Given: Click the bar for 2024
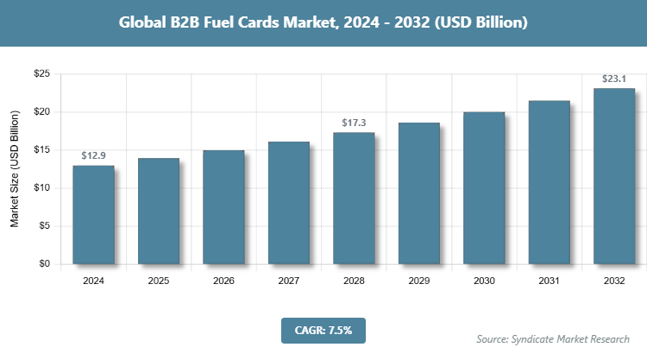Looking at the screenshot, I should pyautogui.click(x=93, y=214).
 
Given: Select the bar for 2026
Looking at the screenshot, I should pyautogui.click(x=223, y=207).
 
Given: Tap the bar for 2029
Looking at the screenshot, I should pyautogui.click(x=418, y=193).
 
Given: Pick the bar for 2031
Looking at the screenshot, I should pyautogui.click(x=549, y=182).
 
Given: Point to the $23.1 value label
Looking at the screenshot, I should pyautogui.click(x=614, y=79).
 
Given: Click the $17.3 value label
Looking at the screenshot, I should pyautogui.click(x=354, y=123).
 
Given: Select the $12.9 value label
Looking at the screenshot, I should pyautogui.click(x=93, y=156).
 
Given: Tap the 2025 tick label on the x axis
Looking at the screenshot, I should pyautogui.click(x=159, y=281).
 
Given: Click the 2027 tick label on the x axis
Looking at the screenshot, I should pyautogui.click(x=289, y=281).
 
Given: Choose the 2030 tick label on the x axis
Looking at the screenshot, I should pyautogui.click(x=484, y=281).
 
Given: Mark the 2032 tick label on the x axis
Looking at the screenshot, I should pyautogui.click(x=614, y=281).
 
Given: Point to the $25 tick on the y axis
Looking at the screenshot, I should pyautogui.click(x=41, y=74).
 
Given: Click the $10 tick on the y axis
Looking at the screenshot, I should pyautogui.click(x=41, y=188).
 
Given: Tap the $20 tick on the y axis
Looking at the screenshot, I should pyautogui.click(x=41, y=112).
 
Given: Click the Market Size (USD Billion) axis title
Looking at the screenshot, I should pyautogui.click(x=15, y=169).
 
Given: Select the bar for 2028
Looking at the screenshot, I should pyautogui.click(x=354, y=199).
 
